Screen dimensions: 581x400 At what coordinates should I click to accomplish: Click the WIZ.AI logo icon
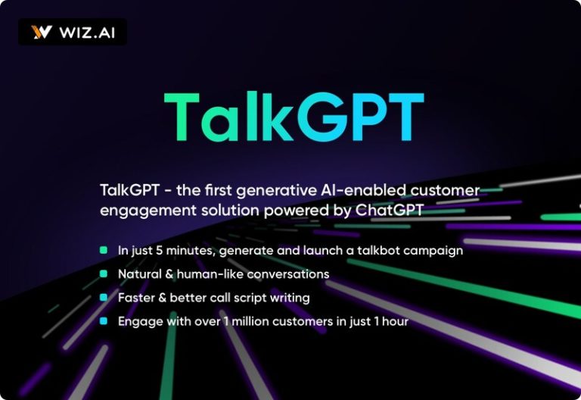tap(42, 33)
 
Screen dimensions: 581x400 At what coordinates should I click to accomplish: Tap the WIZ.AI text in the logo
tap(87, 33)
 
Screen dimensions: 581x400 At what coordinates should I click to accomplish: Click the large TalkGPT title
tap(294, 117)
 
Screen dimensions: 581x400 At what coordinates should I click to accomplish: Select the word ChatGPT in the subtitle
tap(389, 211)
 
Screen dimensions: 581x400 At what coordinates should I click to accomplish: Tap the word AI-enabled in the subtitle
tap(359, 190)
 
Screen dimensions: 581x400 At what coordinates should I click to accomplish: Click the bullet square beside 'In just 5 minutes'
tap(104, 250)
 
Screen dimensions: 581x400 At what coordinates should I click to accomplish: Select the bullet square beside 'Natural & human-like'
tap(104, 273)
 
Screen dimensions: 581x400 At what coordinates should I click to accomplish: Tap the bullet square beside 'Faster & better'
tap(104, 297)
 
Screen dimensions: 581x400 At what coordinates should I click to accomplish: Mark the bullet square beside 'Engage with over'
tap(104, 321)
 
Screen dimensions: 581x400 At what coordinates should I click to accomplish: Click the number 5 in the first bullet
tap(159, 251)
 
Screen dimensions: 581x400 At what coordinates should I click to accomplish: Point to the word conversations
tap(288, 274)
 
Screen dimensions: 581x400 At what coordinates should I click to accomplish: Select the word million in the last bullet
tap(250, 321)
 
